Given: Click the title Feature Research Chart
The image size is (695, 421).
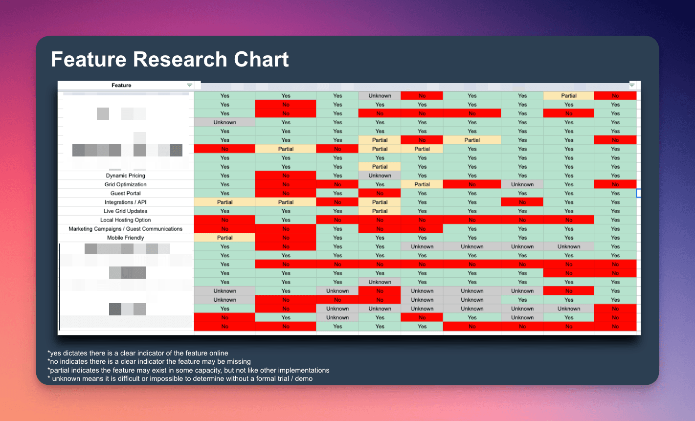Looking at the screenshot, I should coord(170,60).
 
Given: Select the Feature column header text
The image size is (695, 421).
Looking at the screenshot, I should coord(121,86).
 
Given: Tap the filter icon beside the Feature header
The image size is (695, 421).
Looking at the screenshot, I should coord(190,86).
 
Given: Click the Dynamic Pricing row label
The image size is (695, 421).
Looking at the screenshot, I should coord(126,176).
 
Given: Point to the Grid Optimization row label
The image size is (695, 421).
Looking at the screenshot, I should coord(126,184).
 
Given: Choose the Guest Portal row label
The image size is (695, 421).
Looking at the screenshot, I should coord(126,193).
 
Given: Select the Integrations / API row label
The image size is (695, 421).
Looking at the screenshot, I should coord(126,202).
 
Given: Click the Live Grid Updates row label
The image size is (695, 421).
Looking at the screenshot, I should coord(126,211).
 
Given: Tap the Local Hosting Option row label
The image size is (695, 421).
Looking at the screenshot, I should coord(126,220).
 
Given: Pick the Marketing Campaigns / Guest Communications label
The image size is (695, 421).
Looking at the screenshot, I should coord(126,229).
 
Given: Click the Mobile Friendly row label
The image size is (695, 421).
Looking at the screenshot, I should coord(126,238).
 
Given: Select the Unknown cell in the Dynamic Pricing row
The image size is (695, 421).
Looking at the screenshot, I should coord(380,176).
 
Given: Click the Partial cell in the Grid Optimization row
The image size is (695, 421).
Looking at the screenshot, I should coord(422,184).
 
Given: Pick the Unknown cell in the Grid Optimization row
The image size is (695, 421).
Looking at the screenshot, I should coord(522,184).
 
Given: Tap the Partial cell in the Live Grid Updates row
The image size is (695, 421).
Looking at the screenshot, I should coord(380,211).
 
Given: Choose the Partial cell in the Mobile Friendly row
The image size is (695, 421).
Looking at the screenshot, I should coord(225,238).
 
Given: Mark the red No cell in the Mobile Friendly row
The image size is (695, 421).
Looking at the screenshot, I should coord(286,238).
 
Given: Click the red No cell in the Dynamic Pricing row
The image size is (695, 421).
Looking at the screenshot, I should coord(286,176).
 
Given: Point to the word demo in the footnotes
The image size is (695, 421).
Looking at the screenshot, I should coord(304,378).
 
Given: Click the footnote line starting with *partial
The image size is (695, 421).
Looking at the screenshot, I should coord(188,370).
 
